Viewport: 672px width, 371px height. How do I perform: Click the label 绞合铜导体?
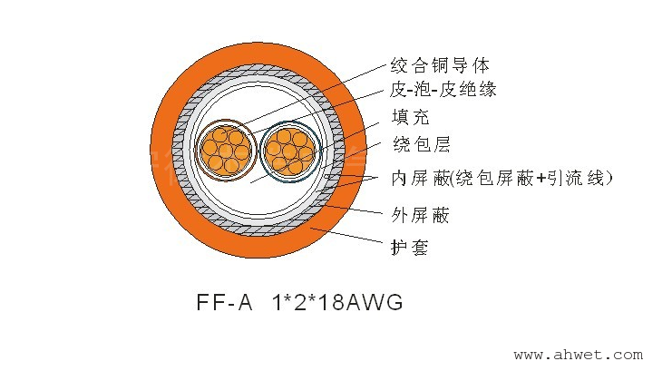[439, 65]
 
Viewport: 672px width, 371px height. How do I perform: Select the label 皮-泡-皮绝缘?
[443, 89]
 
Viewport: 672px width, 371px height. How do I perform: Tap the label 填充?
[410, 117]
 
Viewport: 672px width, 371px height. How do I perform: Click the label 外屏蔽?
[420, 215]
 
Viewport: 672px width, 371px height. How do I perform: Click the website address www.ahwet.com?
[578, 355]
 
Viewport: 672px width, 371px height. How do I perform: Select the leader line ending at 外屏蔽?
[354, 209]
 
